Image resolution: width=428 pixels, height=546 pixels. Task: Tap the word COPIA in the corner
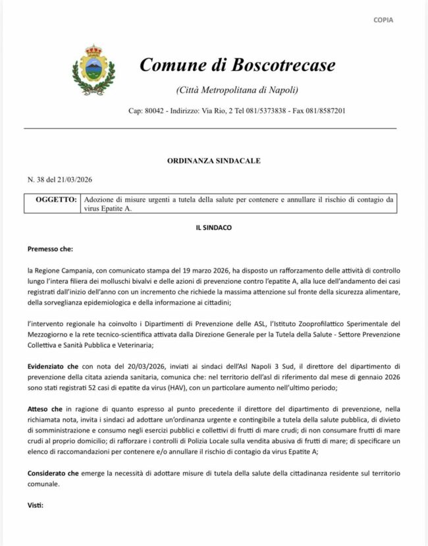click(x=383, y=20)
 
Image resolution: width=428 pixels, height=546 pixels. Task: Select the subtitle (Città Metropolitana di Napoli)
click(x=237, y=90)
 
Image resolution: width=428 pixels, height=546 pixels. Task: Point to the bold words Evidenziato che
click(x=54, y=364)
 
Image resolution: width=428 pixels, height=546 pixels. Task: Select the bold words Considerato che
click(x=55, y=474)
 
